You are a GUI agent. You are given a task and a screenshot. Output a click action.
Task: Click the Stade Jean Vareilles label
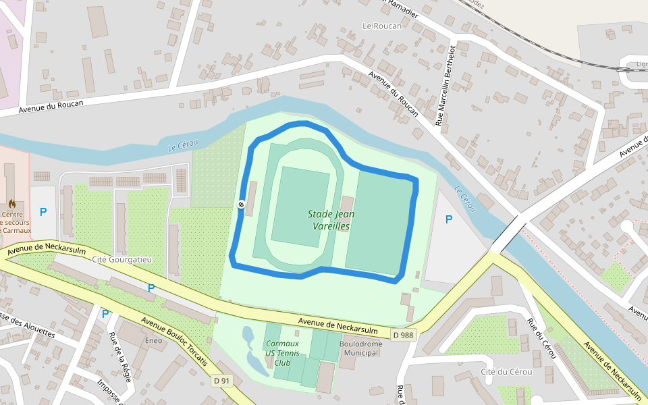tap(331, 220)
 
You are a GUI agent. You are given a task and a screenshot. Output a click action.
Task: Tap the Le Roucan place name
tap(381, 26)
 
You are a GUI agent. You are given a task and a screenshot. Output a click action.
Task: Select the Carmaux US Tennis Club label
tap(281, 352)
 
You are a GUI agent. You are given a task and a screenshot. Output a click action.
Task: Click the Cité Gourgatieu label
tap(122, 259)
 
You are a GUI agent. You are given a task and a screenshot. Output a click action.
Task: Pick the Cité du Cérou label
tap(506, 372)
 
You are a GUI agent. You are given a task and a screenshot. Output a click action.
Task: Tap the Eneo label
tap(154, 340)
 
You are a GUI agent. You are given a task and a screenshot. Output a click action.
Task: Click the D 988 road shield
tap(404, 334)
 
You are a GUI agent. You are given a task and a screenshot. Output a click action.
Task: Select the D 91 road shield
tap(221, 381)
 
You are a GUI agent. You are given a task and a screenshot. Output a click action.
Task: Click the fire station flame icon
tap(11, 202)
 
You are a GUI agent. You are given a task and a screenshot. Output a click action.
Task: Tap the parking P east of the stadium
tap(449, 219)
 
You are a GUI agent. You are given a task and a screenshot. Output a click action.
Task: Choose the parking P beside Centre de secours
tap(43, 212)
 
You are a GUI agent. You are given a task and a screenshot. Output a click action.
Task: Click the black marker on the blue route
tap(241, 204)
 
